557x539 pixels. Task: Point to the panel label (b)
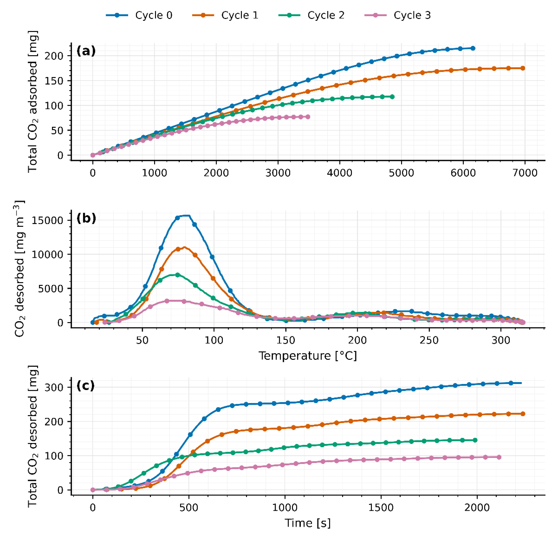tap(86, 218)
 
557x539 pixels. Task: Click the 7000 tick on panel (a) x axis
tap(525, 173)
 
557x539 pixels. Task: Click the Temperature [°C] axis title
tap(308, 356)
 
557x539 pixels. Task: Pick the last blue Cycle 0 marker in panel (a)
tap(473, 48)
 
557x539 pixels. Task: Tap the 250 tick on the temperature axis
tap(429, 340)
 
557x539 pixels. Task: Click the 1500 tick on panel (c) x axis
tap(381, 507)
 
